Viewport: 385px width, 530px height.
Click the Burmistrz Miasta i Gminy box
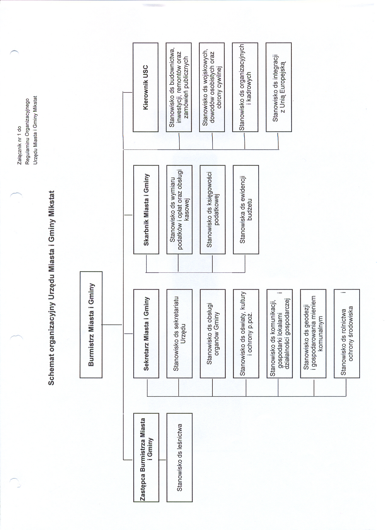tap(91, 325)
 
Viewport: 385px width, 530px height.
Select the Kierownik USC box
tap(146, 87)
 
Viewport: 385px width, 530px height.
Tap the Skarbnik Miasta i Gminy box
tap(146, 210)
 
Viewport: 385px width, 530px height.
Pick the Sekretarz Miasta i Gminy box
tap(146, 334)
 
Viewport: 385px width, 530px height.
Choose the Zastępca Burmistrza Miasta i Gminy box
tap(146, 458)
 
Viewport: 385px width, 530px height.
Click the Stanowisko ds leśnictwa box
tap(180, 458)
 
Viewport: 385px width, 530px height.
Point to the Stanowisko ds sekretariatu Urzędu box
tap(180, 334)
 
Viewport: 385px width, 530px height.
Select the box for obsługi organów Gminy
tap(213, 334)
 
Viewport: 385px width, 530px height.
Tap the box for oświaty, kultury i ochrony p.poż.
tap(246, 334)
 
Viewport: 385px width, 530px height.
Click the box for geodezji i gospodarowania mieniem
tap(313, 334)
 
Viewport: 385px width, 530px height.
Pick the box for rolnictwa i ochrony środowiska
tap(347, 334)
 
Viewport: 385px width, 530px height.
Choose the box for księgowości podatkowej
tap(213, 210)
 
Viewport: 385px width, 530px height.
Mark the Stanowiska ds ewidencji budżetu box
tap(246, 210)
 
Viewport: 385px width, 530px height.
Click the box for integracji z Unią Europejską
tap(279, 87)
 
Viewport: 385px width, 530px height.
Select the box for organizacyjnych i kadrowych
tap(245, 87)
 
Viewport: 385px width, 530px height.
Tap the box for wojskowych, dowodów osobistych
tap(212, 87)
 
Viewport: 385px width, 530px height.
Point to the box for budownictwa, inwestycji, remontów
tap(179, 87)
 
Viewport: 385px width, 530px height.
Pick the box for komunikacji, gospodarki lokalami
tap(280, 334)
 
